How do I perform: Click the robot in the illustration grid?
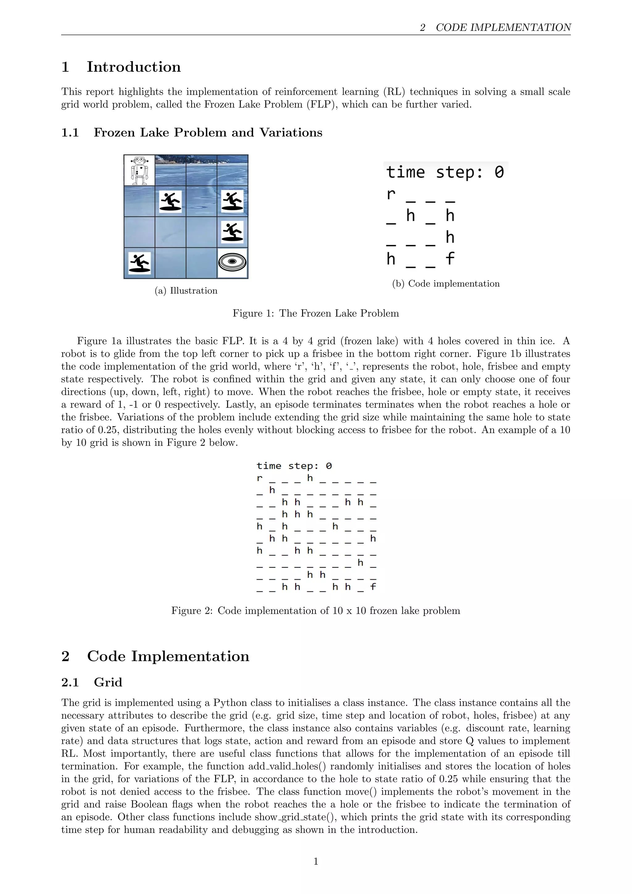(139, 170)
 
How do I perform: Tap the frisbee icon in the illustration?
(232, 262)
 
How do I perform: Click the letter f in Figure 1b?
(450, 258)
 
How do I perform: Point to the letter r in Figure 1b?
(391, 194)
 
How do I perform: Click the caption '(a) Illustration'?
(186, 290)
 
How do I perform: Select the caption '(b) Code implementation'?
(446, 283)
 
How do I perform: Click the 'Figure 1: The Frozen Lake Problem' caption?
(316, 313)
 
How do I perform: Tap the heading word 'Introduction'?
(134, 67)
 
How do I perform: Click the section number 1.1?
(70, 133)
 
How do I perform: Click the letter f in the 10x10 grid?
(373, 587)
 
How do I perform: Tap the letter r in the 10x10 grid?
(260, 478)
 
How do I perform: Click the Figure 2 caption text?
(316, 611)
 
